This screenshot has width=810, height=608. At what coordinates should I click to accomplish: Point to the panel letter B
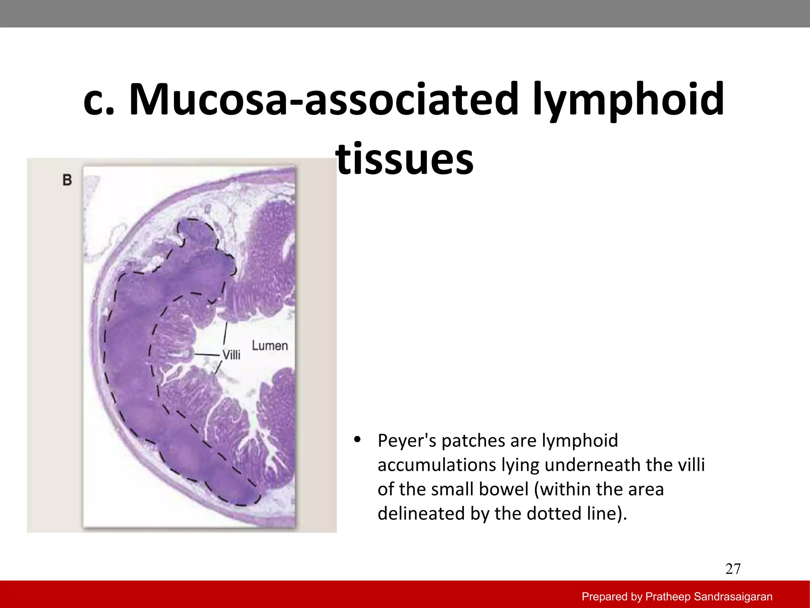(67, 180)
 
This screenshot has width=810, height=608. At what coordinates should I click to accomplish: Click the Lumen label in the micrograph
(270, 346)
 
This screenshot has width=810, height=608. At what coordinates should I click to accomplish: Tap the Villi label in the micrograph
(231, 355)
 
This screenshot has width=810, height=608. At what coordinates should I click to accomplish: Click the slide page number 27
(733, 569)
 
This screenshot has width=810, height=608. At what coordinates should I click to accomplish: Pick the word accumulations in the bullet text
(437, 465)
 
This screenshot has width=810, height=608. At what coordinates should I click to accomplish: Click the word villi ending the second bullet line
(691, 465)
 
